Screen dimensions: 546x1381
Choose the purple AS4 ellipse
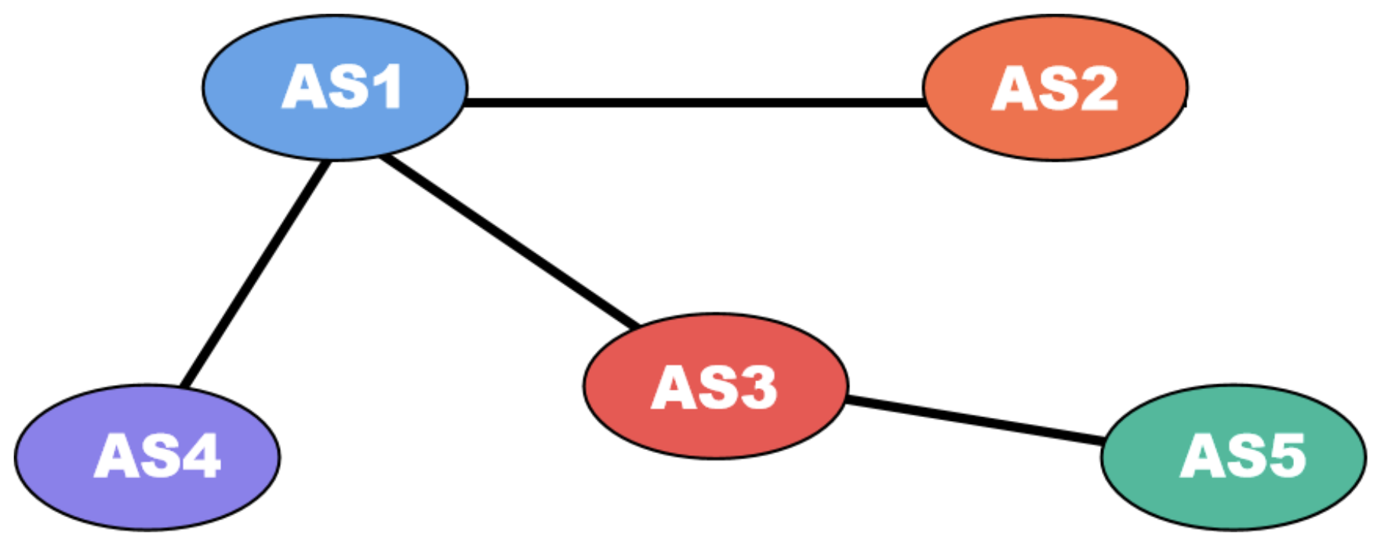point(147,496)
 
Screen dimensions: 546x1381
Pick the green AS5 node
point(1234,496)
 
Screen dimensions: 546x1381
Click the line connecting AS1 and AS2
point(694,102)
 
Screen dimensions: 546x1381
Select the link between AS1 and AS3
point(510,242)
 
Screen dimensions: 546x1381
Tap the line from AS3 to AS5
point(975,419)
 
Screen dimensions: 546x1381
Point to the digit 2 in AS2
point(1098,88)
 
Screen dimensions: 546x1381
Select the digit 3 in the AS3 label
point(758,387)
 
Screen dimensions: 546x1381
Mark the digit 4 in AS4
point(201,456)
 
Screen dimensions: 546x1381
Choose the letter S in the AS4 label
point(156,456)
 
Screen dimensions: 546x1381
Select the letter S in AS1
point(345,87)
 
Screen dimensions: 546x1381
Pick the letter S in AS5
point(1244,456)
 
